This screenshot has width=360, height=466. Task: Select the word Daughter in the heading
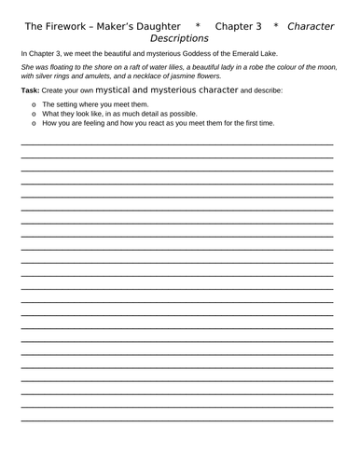[x=154, y=26]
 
